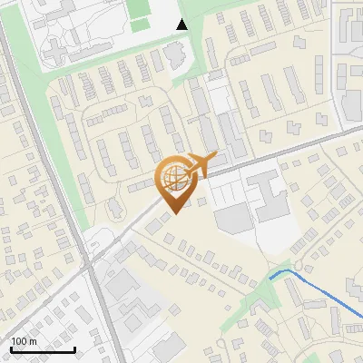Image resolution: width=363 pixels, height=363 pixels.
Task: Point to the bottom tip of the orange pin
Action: click(172, 213)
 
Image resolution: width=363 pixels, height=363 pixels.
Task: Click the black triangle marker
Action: click(182, 25)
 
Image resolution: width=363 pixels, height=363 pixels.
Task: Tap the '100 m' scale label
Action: click(24, 341)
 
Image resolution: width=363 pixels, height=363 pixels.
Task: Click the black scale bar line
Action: click(43, 349)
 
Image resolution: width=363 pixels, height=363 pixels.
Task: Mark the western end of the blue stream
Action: click(270, 277)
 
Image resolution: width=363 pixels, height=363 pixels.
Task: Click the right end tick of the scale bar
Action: click(75, 348)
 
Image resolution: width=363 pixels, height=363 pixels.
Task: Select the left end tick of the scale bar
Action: click(11, 348)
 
